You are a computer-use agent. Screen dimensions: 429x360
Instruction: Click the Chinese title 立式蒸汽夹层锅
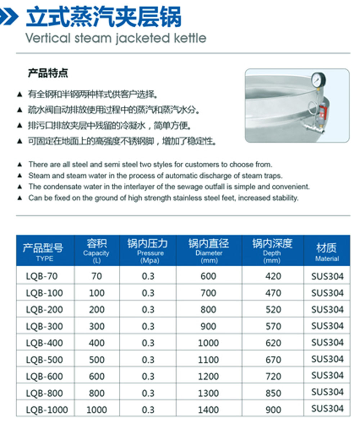tap(104, 18)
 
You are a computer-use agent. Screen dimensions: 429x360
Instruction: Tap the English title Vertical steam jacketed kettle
tap(116, 38)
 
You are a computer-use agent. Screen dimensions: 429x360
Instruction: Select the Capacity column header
tap(96, 250)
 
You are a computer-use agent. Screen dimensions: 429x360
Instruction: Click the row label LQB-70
tap(42, 276)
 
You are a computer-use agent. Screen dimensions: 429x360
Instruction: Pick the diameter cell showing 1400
tap(208, 410)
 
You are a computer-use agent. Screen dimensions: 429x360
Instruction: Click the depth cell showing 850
tap(273, 393)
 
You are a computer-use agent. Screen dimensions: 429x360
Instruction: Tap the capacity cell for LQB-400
tap(96, 343)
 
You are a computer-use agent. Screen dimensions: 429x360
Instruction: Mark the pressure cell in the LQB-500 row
tap(148, 360)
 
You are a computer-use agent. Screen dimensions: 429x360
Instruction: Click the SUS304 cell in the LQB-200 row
tap(327, 310)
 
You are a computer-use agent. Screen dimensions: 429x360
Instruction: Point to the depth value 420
tap(273, 276)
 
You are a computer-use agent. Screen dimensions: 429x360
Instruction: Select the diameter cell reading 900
tap(208, 326)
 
